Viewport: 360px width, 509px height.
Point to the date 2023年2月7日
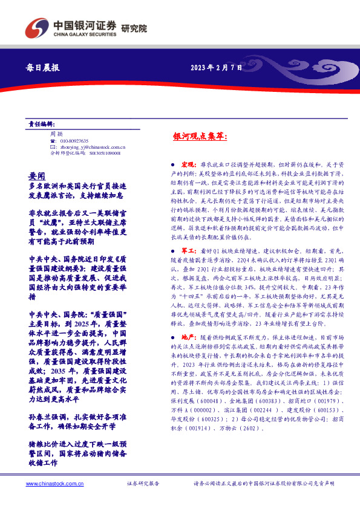[x=217, y=67]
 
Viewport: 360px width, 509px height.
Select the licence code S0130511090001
[x=101, y=154]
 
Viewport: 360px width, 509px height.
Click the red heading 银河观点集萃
[x=200, y=137]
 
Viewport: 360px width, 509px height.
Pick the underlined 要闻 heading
[x=37, y=172]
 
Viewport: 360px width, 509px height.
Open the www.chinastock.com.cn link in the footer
[x=50, y=484]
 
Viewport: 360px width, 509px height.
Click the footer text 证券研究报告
[x=143, y=484]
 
